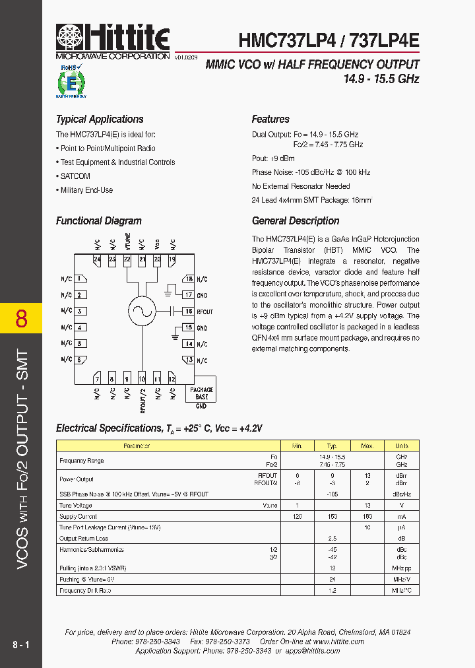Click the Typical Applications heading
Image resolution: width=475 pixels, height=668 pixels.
click(100, 119)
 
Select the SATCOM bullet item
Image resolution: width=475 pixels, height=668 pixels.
click(75, 176)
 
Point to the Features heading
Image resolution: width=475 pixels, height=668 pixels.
click(270, 119)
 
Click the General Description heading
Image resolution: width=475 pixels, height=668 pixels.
click(296, 221)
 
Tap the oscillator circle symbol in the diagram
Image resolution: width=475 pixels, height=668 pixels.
click(141, 311)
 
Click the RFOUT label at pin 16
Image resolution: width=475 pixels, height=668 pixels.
click(205, 312)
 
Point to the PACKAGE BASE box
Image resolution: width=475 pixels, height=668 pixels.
click(202, 393)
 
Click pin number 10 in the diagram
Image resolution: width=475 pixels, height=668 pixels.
click(142, 380)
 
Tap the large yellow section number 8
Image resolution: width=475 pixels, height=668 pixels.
click(21, 318)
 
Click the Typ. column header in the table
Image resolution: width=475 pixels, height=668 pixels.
click(332, 446)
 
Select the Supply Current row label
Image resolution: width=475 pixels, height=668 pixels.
click(79, 517)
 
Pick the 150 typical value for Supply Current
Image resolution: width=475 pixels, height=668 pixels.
click(332, 517)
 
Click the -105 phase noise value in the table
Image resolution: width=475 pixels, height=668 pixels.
click(332, 494)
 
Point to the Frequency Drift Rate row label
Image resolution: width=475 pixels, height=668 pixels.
click(85, 590)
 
